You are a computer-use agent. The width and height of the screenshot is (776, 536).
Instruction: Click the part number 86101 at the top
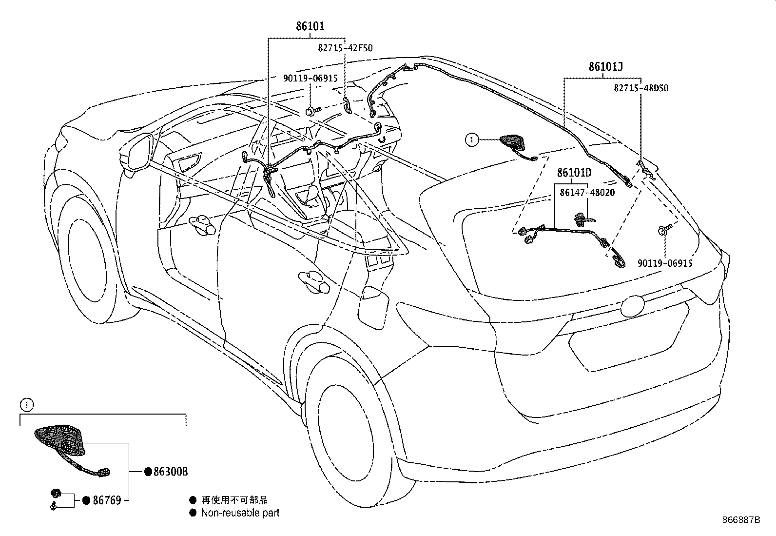tap(310, 26)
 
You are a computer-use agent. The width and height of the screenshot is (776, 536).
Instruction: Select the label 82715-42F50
tap(346, 48)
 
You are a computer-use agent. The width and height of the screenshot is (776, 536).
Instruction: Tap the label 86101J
tap(605, 66)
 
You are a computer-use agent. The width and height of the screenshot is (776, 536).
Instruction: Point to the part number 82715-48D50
tap(641, 88)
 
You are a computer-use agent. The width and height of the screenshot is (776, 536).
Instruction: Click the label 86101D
tap(574, 173)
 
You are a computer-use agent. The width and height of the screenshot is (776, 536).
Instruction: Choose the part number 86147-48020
tap(587, 193)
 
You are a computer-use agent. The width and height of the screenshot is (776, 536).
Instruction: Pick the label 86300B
tap(171, 472)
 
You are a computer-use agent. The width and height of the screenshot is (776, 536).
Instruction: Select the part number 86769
tap(107, 500)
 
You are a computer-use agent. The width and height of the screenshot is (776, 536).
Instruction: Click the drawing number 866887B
tap(741, 520)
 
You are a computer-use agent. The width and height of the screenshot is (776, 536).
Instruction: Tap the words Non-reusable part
tap(240, 513)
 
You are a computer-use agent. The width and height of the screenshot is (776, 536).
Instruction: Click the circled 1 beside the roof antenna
tap(471, 139)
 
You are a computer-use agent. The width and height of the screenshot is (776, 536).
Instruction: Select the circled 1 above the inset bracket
tap(27, 405)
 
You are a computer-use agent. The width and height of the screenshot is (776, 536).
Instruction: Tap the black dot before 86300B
tap(148, 472)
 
